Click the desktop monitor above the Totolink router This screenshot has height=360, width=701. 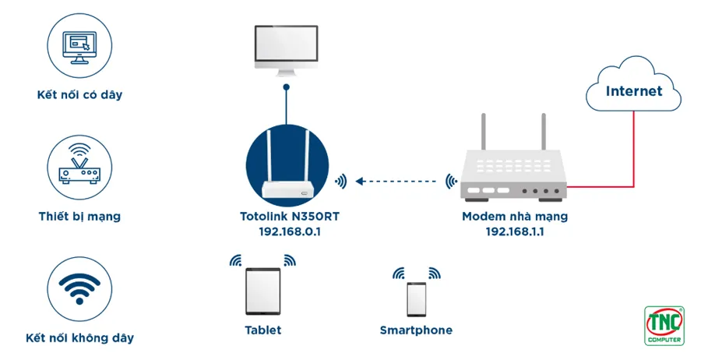(x=286, y=51)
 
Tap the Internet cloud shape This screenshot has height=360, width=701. (x=633, y=84)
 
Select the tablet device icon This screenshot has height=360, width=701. (x=263, y=291)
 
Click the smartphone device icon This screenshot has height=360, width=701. (x=416, y=299)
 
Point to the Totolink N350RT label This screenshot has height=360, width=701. (x=290, y=217)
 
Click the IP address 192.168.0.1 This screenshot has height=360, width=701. (x=290, y=231)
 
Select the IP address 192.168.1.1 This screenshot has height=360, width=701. (x=515, y=231)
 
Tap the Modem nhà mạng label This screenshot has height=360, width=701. (x=515, y=217)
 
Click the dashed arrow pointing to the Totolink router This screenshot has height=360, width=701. (x=396, y=182)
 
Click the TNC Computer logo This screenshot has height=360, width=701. (x=664, y=326)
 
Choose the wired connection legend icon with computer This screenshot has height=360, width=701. (x=79, y=46)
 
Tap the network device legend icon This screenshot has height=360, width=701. (x=79, y=168)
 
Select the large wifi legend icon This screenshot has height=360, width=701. (x=79, y=289)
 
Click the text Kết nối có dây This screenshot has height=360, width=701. (x=79, y=95)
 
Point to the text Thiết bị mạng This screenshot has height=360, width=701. (x=79, y=217)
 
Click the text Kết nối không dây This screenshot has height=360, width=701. (x=79, y=337)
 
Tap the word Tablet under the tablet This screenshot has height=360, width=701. (x=263, y=330)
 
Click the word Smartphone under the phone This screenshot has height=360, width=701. (x=416, y=330)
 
